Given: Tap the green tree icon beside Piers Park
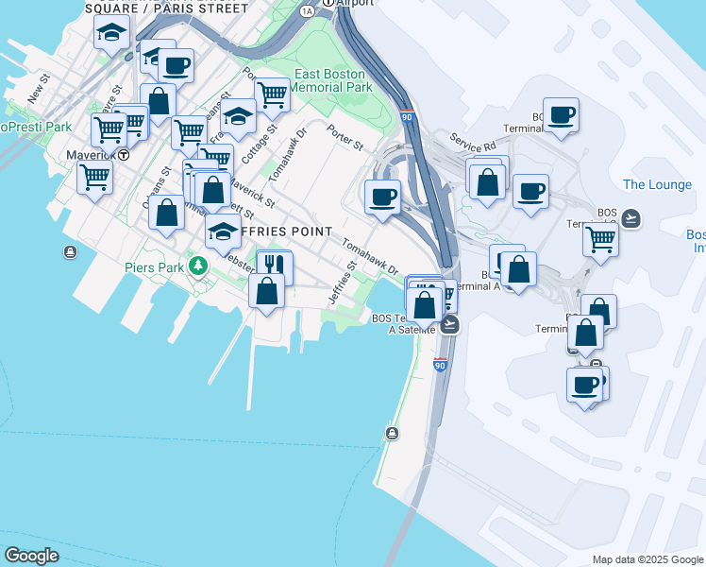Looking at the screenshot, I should (x=197, y=266).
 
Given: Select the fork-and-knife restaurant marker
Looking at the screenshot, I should (x=275, y=266).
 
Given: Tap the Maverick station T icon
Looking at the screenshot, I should (x=124, y=155).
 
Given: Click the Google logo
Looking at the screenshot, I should (x=31, y=556).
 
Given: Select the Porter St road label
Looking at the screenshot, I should (x=345, y=140).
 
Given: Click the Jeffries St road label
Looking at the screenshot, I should (x=343, y=284).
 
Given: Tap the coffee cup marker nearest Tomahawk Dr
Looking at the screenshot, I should (x=382, y=197).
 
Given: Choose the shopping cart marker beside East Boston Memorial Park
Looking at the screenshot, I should (x=272, y=94).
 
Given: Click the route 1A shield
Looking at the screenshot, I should (x=307, y=11).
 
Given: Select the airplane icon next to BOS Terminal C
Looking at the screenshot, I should (x=631, y=219).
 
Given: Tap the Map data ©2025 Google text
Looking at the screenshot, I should (x=647, y=559).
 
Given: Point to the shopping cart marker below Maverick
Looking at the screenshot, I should (x=94, y=176).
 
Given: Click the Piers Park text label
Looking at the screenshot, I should (x=155, y=267).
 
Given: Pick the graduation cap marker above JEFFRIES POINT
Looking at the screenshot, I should (x=223, y=231).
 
